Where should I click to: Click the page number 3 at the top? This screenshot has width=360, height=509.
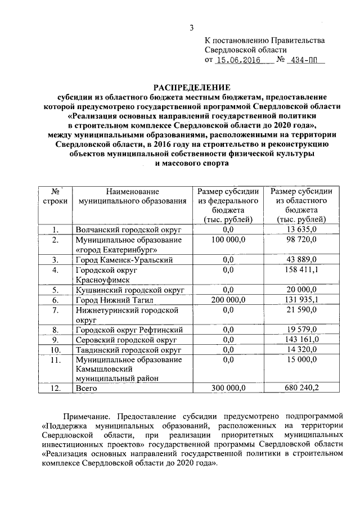tap(191, 28)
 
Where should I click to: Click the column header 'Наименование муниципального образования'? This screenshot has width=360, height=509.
tap(132, 196)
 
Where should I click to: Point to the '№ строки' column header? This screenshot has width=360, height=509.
tap(55, 196)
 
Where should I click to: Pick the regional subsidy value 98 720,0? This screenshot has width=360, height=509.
tap(301, 240)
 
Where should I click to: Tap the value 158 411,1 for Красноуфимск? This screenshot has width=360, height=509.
tap(302, 270)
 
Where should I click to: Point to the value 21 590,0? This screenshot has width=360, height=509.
tap(302, 310)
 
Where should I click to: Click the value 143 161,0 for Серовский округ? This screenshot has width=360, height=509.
tap(302, 340)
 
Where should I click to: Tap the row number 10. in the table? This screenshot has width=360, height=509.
tap(56, 350)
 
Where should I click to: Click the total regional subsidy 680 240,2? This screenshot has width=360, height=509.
tap(302, 388)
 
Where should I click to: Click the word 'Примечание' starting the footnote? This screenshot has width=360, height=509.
tap(87, 416)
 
